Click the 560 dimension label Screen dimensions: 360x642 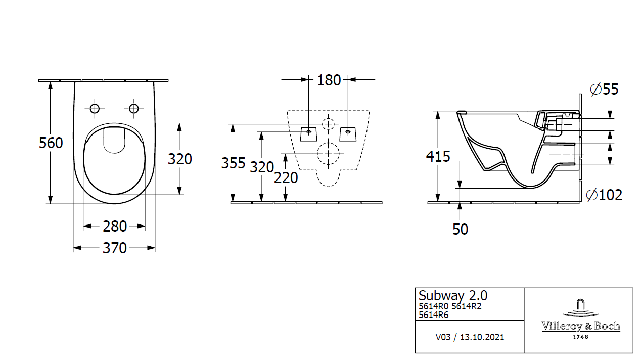point(51,143)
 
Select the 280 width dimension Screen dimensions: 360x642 point(115,227)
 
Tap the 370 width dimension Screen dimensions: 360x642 point(115,248)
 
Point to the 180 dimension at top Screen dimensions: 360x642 point(329,80)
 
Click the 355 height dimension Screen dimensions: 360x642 point(233,163)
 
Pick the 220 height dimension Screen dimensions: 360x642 point(286,178)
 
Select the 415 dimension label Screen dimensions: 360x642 point(438,157)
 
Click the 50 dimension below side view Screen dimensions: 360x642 point(460,229)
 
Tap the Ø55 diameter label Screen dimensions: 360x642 point(604,89)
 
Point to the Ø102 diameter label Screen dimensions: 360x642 point(604,195)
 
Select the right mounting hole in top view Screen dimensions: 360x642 point(134,108)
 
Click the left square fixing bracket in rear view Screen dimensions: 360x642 point(308,133)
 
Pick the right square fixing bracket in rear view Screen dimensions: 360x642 point(348,133)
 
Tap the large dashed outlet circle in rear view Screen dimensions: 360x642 point(329,153)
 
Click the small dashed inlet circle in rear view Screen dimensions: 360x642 point(329,123)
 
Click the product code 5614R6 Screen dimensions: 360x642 point(434,315)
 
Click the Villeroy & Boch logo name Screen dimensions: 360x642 point(581,326)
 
